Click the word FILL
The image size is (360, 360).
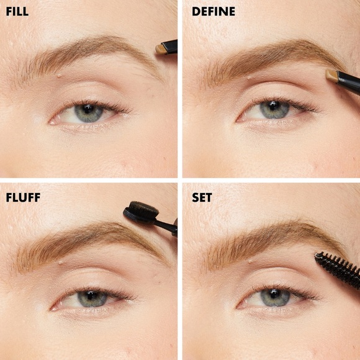coord(17,12)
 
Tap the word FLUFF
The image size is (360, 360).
coord(22,198)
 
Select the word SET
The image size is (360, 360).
coord(202,198)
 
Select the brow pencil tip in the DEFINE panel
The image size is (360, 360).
coord(332,75)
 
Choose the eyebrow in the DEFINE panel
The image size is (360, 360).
coord(273,56)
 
